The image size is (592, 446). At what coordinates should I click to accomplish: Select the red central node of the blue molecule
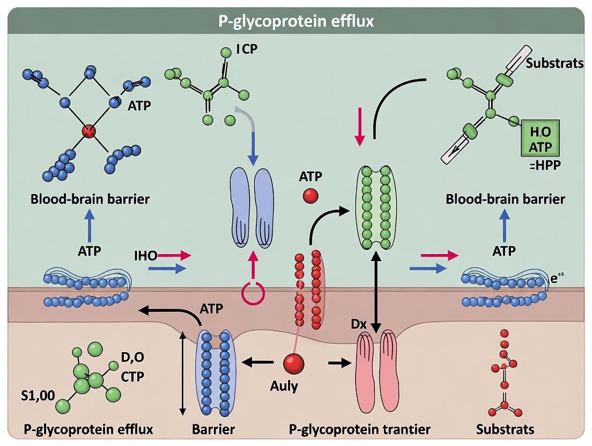[x=90, y=131]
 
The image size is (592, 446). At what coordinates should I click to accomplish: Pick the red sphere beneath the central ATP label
[x=310, y=197]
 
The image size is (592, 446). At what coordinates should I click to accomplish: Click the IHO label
[x=146, y=256]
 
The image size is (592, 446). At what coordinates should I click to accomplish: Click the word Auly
[x=285, y=386]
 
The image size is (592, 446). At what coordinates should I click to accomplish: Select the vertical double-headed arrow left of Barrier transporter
[x=183, y=373]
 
